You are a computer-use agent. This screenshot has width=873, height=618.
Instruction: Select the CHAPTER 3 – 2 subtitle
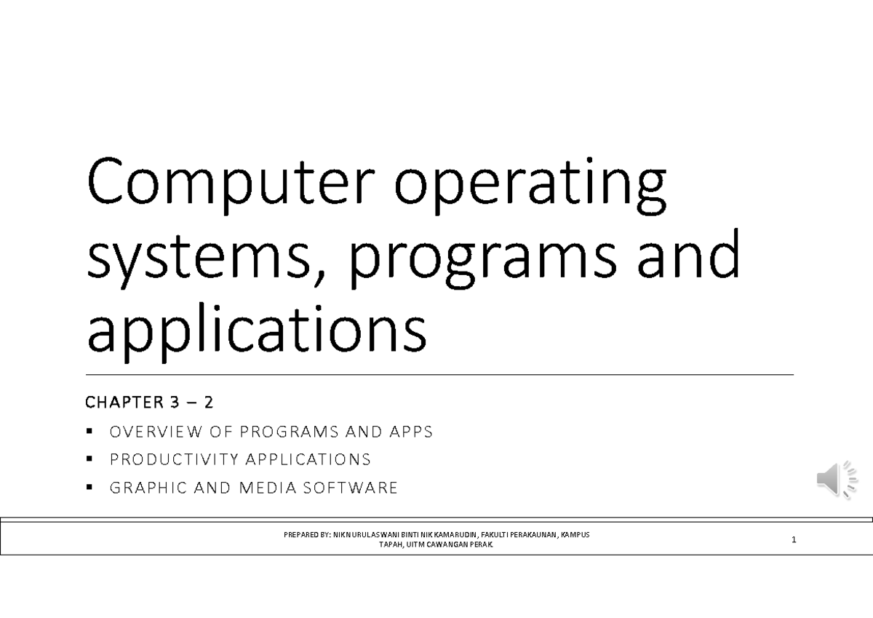(x=149, y=402)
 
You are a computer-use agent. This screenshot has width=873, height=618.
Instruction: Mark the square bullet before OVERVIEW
(x=89, y=432)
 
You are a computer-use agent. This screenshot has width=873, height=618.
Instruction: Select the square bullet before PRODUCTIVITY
(x=89, y=459)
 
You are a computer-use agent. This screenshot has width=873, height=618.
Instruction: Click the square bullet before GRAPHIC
(x=89, y=488)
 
